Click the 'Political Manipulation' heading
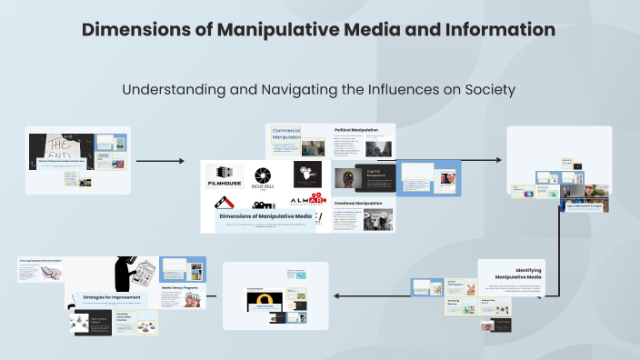(x=356, y=130)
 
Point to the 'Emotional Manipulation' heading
(x=357, y=203)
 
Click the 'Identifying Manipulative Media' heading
(x=516, y=273)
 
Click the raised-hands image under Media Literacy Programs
(x=183, y=303)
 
